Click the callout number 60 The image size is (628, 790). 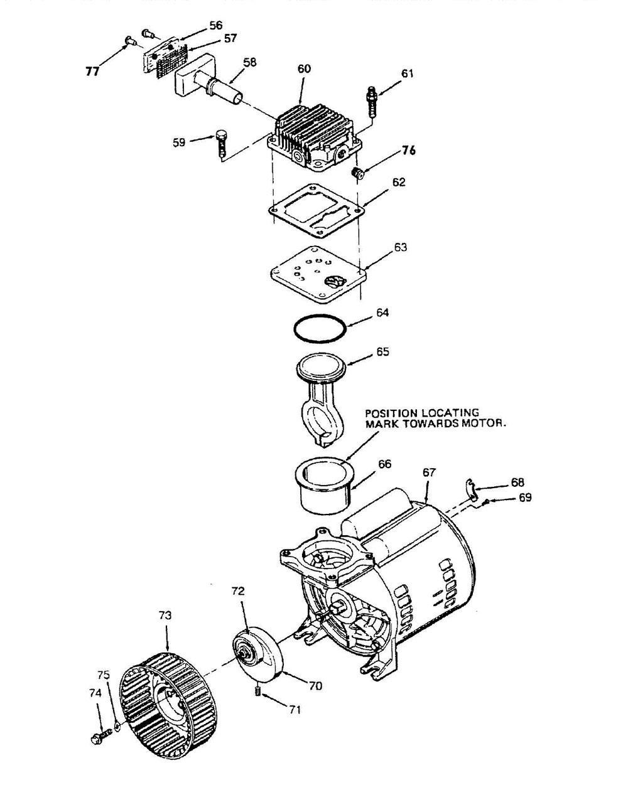[304, 68]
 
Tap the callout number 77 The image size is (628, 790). [92, 71]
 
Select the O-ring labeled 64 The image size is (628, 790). [320, 328]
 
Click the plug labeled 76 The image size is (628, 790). [357, 173]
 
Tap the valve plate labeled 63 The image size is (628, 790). [319, 274]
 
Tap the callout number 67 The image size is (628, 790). [429, 472]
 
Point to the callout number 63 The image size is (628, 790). [401, 247]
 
